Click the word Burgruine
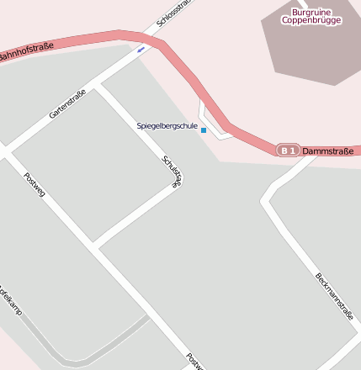click(x=311, y=12)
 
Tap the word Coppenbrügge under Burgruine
click(x=311, y=20)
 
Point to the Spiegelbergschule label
click(x=167, y=126)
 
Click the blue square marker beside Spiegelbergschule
click(x=204, y=130)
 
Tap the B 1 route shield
click(x=288, y=150)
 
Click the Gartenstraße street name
click(x=67, y=103)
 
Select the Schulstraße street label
click(x=172, y=173)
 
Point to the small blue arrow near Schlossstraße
click(x=141, y=48)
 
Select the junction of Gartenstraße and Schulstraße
click(x=99, y=85)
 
